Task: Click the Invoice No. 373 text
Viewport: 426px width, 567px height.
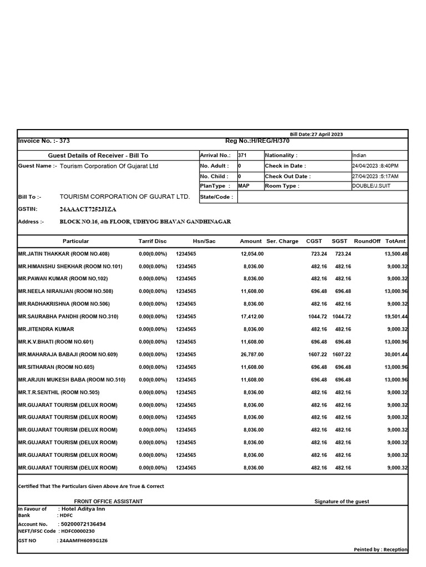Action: (44, 141)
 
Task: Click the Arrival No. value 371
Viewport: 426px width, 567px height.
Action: (242, 156)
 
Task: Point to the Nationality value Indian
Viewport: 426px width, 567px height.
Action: (359, 156)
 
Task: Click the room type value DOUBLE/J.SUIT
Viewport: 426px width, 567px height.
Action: (371, 186)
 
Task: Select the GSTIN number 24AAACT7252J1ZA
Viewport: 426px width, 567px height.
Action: (88, 209)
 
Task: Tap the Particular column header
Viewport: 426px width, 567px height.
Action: (75, 241)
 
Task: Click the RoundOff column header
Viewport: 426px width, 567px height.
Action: (367, 241)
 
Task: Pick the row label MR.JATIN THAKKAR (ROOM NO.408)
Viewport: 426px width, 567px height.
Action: (64, 254)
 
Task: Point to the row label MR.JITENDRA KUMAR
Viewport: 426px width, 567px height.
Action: (46, 329)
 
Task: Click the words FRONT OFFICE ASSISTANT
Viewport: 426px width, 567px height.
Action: (108, 502)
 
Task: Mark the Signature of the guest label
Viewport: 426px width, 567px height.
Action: (342, 502)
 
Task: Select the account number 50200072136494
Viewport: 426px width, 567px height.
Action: (83, 524)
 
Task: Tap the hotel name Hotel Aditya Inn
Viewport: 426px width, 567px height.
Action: (83, 508)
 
